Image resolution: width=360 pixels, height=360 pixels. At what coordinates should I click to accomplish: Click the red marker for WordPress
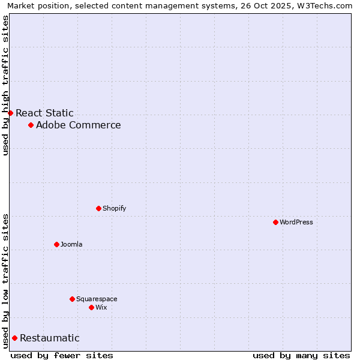(x=275, y=222)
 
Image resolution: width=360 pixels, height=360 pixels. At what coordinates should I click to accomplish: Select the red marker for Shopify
(x=98, y=208)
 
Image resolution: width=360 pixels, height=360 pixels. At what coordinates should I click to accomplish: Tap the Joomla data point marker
(x=56, y=244)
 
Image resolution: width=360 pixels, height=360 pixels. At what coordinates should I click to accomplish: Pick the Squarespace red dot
(x=72, y=299)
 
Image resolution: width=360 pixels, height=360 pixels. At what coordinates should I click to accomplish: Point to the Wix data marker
(x=91, y=307)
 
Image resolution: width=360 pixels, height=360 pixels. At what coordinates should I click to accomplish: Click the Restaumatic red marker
(x=14, y=338)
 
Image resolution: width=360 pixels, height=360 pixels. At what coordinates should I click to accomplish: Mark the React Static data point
(x=10, y=113)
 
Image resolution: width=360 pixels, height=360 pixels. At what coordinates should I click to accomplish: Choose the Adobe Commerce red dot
(x=31, y=125)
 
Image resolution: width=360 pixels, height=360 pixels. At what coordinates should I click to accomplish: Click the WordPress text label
(x=296, y=222)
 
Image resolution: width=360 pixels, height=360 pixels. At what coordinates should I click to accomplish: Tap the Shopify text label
(x=115, y=208)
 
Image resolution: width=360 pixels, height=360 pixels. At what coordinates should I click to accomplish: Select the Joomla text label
(x=71, y=244)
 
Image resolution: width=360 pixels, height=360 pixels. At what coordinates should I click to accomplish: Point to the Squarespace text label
(x=97, y=299)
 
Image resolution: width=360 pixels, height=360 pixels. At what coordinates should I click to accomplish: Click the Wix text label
(x=101, y=307)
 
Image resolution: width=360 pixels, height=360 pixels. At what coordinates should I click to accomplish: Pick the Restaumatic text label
(x=50, y=338)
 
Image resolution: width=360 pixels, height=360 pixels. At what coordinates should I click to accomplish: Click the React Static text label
(x=44, y=113)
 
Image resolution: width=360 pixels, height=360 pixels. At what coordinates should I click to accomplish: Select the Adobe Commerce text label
(x=79, y=125)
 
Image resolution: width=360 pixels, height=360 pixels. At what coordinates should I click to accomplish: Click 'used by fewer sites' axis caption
(x=62, y=355)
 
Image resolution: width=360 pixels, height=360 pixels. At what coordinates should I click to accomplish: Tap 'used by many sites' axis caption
(x=301, y=355)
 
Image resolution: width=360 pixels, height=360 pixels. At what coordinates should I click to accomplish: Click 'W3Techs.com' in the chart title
(x=326, y=6)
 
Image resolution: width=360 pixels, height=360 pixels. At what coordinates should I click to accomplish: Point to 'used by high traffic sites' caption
(x=6, y=85)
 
